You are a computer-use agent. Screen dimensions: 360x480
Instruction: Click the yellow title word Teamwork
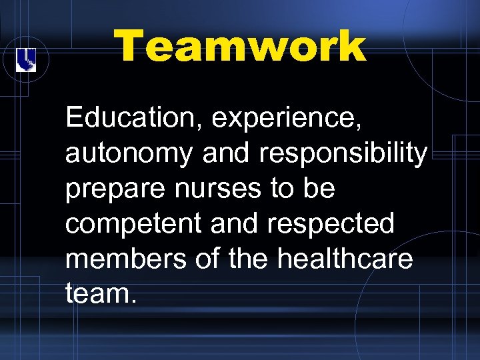click(240, 47)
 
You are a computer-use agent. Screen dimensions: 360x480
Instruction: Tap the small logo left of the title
click(25, 60)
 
